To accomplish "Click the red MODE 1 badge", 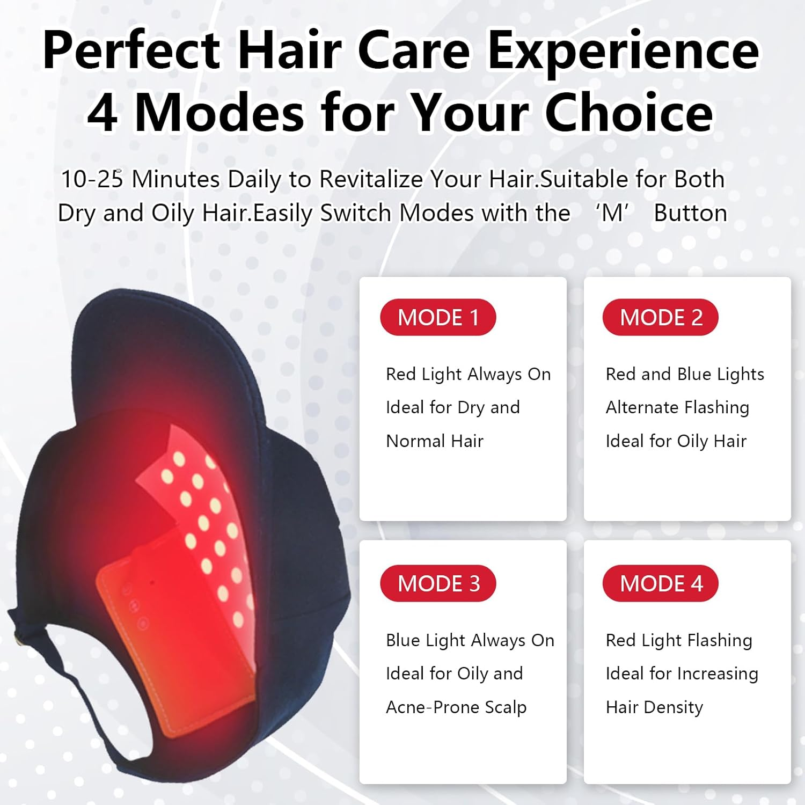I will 438,317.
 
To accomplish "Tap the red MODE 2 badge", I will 661,317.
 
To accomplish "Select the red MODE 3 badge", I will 438,583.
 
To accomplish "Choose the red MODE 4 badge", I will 661,583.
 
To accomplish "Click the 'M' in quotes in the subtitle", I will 612,214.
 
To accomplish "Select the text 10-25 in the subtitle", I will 92,179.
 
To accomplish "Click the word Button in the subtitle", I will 690,214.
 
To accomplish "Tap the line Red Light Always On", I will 468,374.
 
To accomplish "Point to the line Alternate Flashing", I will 677,407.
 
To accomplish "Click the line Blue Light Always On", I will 470,640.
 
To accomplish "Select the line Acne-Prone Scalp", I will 456,707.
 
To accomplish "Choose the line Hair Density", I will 654,707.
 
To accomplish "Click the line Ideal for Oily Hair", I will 676,441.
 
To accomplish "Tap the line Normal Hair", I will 435,441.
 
